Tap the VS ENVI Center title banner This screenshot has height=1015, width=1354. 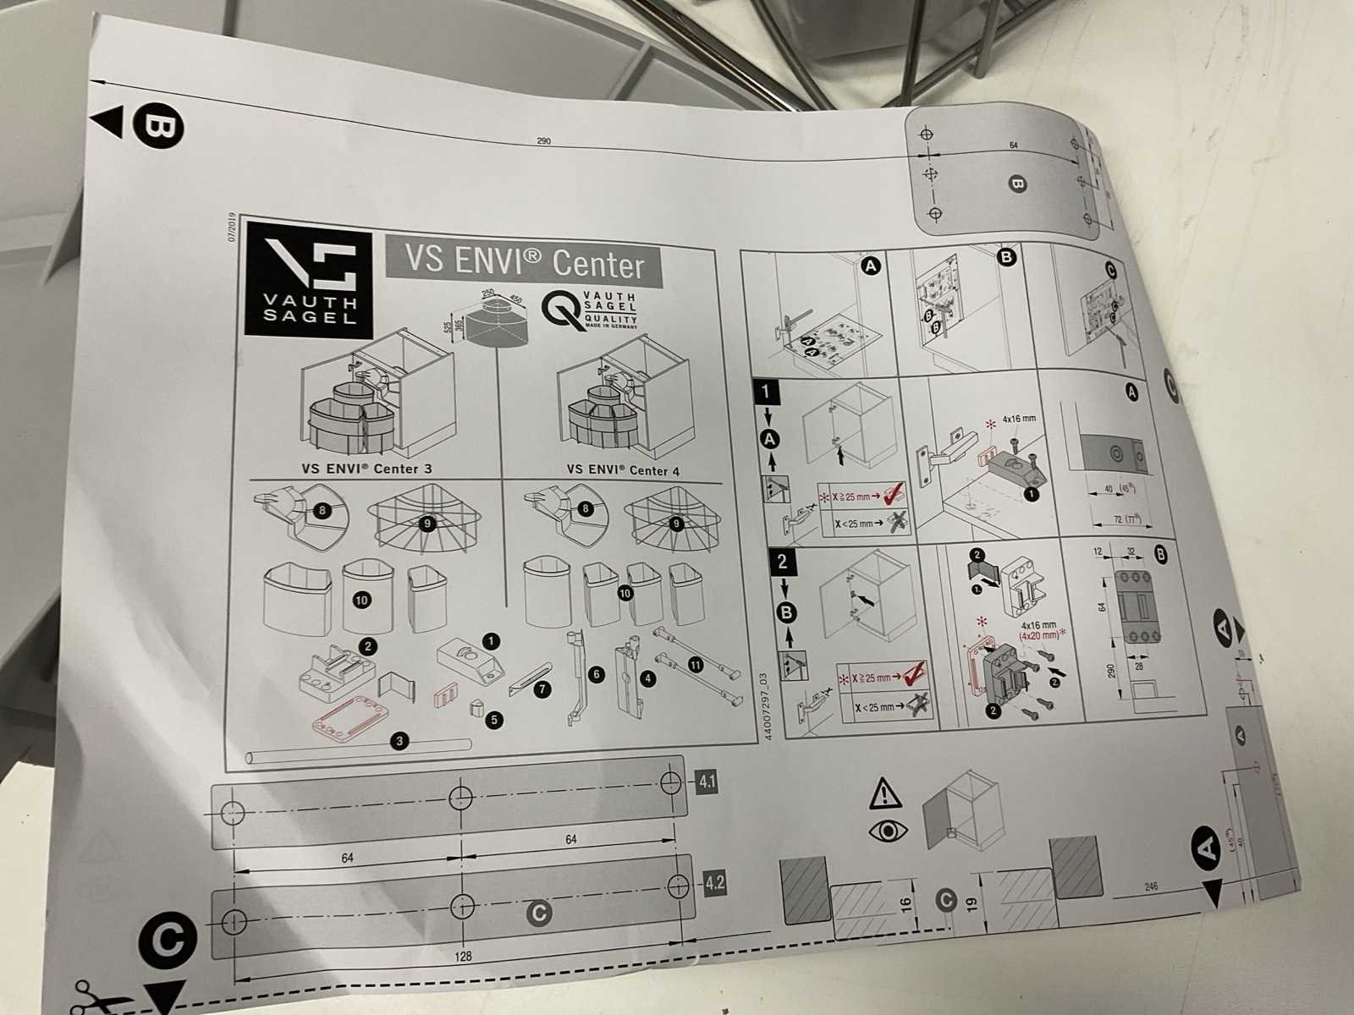coord(524,261)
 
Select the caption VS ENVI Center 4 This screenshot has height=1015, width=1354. coord(623,470)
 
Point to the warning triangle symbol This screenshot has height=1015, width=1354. coord(885,793)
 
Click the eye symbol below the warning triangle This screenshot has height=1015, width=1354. coord(888,831)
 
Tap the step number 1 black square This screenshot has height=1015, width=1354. coord(766,391)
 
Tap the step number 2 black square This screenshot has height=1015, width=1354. coord(782,561)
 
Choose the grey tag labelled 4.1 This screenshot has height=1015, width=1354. coord(707,782)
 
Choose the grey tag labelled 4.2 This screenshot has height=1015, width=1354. coord(714,884)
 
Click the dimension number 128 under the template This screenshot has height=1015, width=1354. coord(463,957)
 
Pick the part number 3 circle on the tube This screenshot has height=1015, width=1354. coord(400,742)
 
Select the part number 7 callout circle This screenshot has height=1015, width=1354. coord(542,689)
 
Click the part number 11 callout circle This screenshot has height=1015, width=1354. coord(696,665)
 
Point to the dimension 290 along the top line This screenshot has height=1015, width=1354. coord(543,140)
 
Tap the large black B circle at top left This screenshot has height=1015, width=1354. coord(157,127)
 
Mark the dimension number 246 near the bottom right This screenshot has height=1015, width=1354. coord(1150,886)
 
